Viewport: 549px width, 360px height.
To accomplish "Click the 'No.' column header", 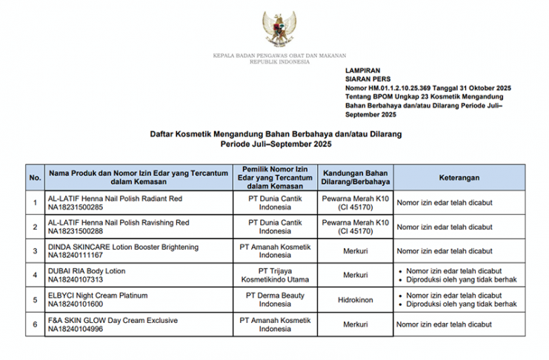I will click(x=35, y=179).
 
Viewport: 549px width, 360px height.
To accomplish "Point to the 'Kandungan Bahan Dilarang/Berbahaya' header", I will click(x=355, y=179).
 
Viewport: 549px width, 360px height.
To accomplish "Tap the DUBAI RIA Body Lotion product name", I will click(x=86, y=271).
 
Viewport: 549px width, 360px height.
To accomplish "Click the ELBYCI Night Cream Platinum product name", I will click(x=97, y=296).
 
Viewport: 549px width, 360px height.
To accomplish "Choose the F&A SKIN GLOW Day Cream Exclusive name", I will click(x=115, y=320).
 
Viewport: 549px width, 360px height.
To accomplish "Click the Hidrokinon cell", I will click(x=355, y=300).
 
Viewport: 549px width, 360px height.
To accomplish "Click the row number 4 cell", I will click(x=35, y=276).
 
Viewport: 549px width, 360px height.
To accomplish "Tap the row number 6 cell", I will click(x=35, y=324).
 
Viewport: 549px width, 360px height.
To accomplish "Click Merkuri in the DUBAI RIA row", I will click(x=355, y=276).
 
